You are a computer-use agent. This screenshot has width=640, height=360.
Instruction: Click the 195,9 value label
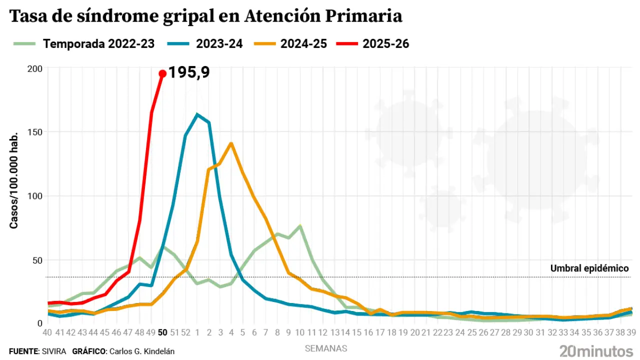(x=188, y=72)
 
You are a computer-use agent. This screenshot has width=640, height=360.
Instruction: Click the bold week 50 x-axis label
(x=162, y=332)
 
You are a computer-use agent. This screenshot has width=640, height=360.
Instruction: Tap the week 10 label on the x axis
(x=300, y=332)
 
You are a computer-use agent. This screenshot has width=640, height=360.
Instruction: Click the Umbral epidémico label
(x=589, y=268)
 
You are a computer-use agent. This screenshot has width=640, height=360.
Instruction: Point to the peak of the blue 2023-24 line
(x=197, y=114)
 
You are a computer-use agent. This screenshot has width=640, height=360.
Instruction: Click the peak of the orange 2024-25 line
(x=231, y=143)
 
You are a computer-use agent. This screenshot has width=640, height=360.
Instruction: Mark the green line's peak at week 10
(x=300, y=226)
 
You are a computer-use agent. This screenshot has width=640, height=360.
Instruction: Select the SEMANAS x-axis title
(x=326, y=348)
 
